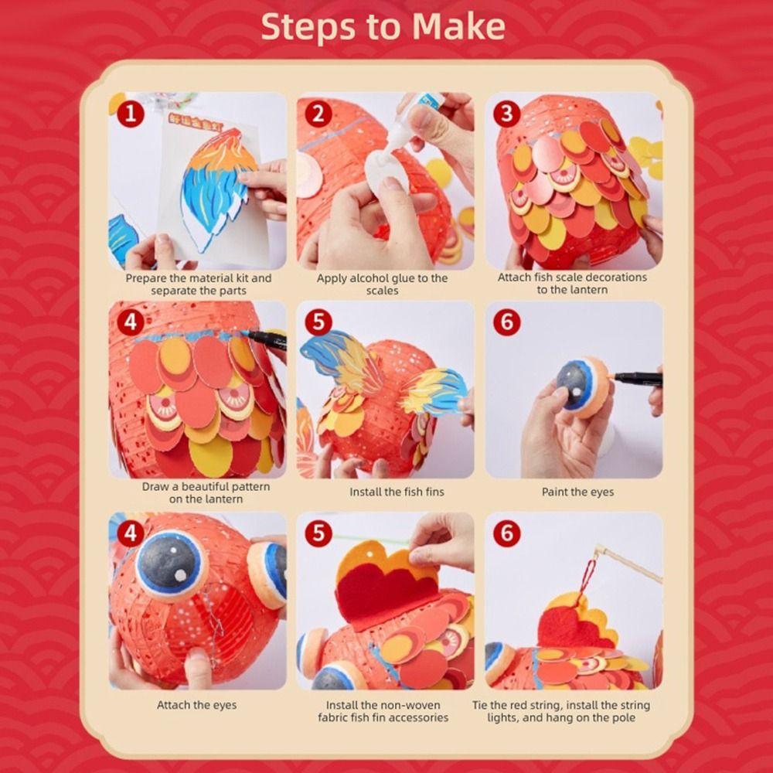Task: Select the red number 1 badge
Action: pyautogui.click(x=131, y=114)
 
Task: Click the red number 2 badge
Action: pyautogui.click(x=318, y=114)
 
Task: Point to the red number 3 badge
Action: pyautogui.click(x=507, y=114)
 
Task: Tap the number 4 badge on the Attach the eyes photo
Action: pyautogui.click(x=131, y=533)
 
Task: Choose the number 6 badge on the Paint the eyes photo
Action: pyautogui.click(x=507, y=322)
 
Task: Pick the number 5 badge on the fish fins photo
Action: pyautogui.click(x=318, y=322)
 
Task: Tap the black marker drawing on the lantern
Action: pyautogui.click(x=265, y=339)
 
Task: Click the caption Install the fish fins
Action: pyautogui.click(x=397, y=492)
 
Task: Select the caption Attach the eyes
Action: pyautogui.click(x=196, y=705)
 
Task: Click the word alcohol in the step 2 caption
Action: pyautogui.click(x=365, y=278)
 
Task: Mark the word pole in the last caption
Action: pyautogui.click(x=624, y=717)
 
